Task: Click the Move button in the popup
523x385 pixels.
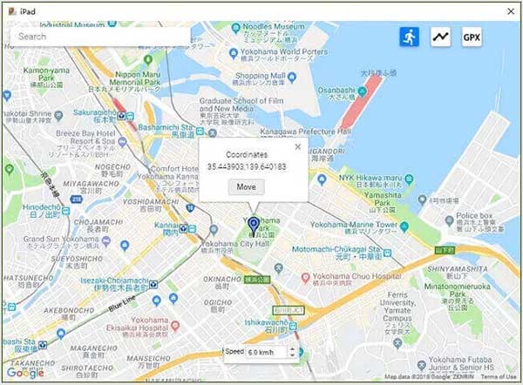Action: click(246, 186)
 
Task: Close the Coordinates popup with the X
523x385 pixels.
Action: click(298, 146)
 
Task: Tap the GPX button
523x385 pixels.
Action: click(471, 37)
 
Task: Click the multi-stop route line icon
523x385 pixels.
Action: click(440, 37)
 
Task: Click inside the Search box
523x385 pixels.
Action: click(96, 37)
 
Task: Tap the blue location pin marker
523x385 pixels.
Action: click(254, 226)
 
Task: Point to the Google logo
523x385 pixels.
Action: click(24, 373)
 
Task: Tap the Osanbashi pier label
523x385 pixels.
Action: click(336, 90)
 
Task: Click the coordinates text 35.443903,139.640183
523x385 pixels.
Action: click(247, 165)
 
